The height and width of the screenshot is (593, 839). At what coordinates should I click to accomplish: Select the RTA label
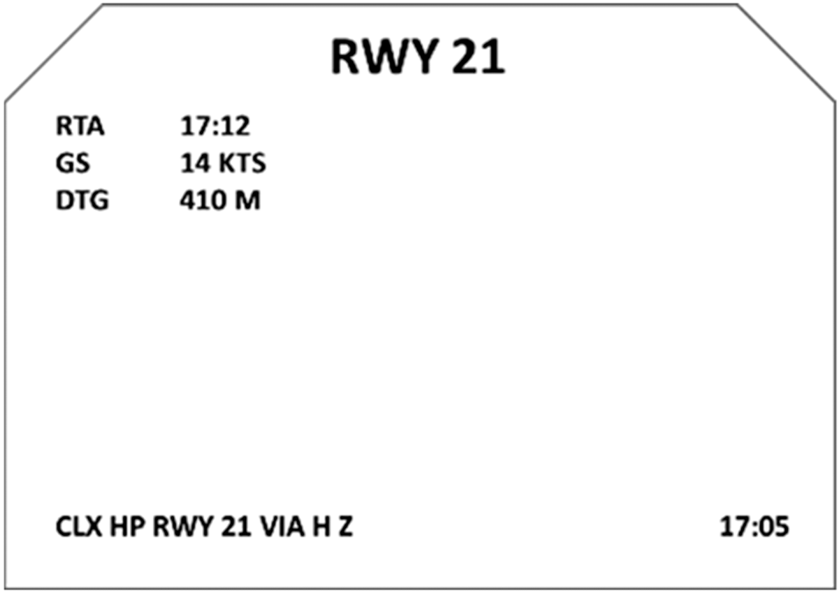[x=79, y=127]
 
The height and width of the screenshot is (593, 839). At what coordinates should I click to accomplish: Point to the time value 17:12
[x=215, y=127]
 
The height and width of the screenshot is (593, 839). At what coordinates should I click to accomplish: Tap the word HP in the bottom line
[x=127, y=527]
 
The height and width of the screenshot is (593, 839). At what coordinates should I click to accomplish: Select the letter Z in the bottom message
[x=345, y=527]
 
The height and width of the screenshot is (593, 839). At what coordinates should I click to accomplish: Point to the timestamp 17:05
[x=755, y=527]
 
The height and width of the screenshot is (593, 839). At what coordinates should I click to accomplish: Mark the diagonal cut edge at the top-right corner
[x=785, y=53]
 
